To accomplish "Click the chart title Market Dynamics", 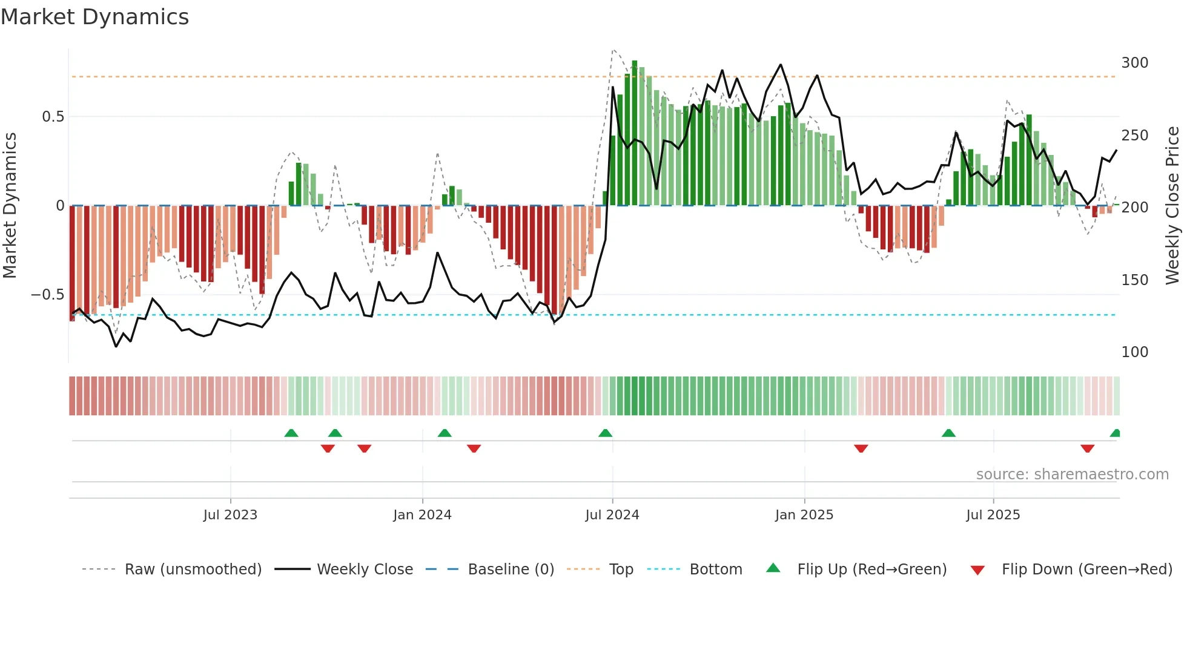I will pos(94,17).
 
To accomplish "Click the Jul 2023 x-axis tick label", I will pos(230,515).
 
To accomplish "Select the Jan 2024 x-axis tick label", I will pos(422,515).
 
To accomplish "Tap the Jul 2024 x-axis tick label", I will pos(612,515).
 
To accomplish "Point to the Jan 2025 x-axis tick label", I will pos(804,515).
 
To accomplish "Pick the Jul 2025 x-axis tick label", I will pos(993,515).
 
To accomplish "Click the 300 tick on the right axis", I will pos(1134,63).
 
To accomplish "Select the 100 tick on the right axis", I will pos(1134,352).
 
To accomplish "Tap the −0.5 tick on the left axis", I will pos(47,295).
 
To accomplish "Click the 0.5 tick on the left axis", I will pos(53,117).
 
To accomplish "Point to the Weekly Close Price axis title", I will pos(1172,206).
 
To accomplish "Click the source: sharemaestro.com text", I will pos(1072,475).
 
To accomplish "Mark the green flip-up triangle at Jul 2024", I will pos(605,433).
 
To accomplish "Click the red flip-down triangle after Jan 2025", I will pos(861,448).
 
